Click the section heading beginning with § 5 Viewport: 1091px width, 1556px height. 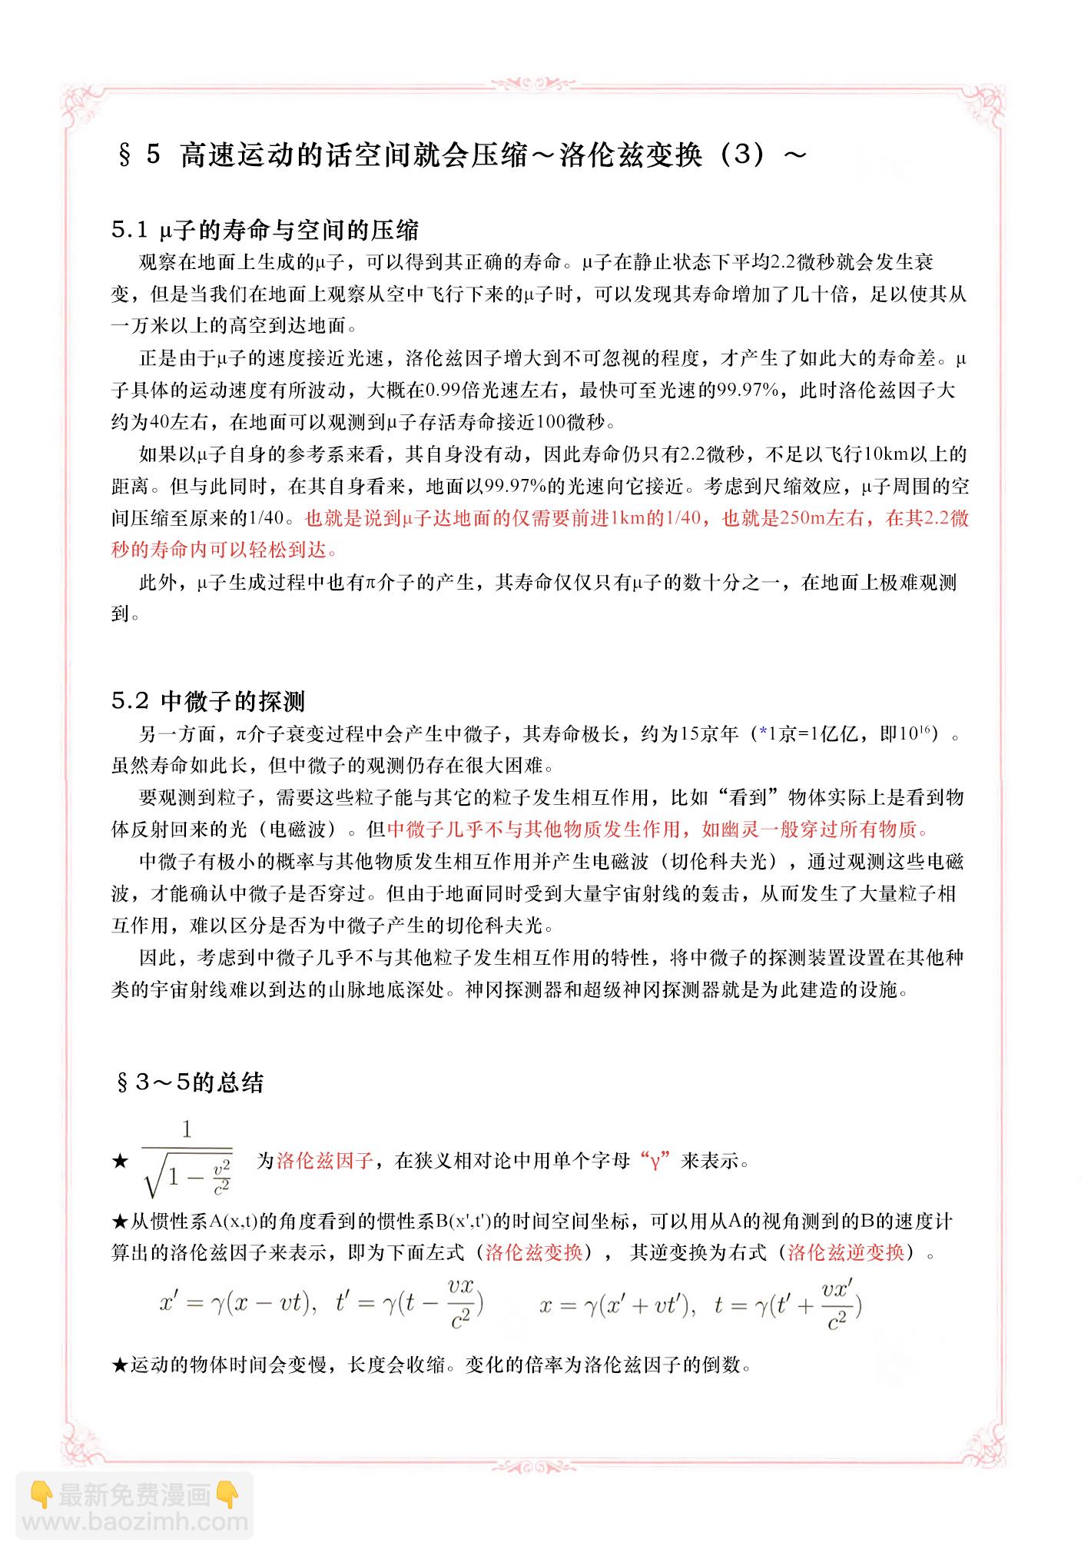point(461,155)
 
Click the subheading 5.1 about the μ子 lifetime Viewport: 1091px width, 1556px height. point(265,230)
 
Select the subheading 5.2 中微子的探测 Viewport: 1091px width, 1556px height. point(208,701)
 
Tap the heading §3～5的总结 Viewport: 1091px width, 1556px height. point(189,1082)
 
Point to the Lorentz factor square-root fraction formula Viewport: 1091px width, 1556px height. point(187,1161)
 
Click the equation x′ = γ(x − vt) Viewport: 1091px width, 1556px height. point(238,1305)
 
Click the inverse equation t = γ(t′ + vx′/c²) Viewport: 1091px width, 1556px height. point(788,1305)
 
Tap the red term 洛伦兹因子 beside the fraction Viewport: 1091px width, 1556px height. point(325,1161)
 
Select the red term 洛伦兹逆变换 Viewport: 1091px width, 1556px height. point(846,1253)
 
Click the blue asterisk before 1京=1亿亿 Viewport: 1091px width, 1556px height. point(763,734)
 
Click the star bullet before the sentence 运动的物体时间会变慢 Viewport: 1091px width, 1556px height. point(120,1365)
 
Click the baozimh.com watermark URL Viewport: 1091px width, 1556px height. point(134,1521)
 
